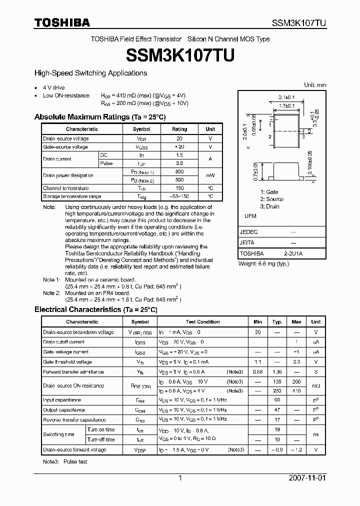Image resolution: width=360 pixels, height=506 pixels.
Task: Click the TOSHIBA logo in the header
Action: click(62, 22)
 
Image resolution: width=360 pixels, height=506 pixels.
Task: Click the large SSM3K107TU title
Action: click(180, 55)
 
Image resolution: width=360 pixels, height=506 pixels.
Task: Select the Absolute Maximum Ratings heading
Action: click(100, 117)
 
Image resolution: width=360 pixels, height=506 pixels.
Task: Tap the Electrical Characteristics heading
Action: click(95, 310)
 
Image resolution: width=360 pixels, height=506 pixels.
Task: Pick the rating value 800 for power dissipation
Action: click(179, 171)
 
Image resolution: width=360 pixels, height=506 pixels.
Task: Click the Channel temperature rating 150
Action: click(179, 188)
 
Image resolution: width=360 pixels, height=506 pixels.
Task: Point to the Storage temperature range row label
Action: click(72, 196)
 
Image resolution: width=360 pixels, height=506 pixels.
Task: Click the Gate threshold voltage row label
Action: click(67, 362)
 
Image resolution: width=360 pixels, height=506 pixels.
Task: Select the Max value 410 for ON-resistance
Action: click(296, 390)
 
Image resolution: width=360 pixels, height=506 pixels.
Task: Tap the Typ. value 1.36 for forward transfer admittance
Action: click(277, 371)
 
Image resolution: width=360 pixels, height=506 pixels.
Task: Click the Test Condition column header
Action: click(202, 322)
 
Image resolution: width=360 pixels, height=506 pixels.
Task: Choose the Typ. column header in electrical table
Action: click(277, 322)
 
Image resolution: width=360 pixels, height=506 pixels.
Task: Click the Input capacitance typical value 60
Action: click(277, 400)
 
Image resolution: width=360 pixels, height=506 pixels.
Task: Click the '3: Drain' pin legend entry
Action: click(269, 206)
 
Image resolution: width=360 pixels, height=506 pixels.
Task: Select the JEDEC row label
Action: click(248, 232)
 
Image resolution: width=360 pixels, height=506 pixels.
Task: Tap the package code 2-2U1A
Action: click(293, 253)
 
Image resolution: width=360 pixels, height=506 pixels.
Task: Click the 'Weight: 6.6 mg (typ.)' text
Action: click(263, 263)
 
